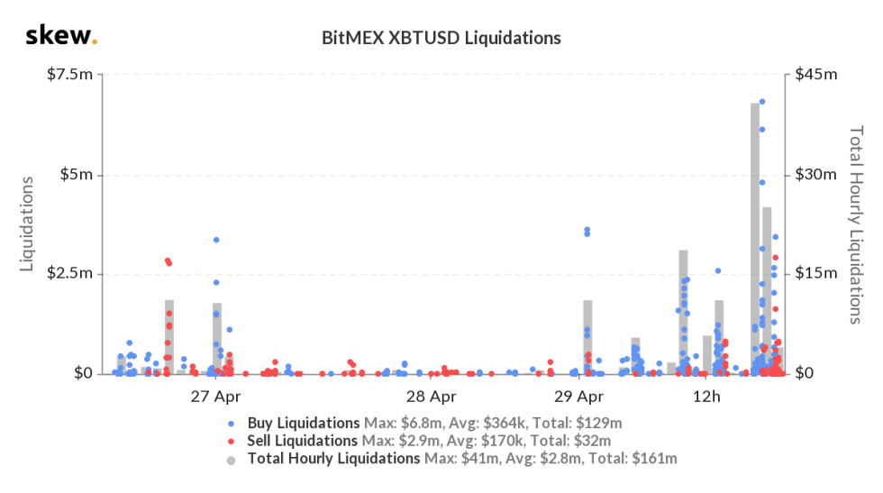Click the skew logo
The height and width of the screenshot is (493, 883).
[x=61, y=36]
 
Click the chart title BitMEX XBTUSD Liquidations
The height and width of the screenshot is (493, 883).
[x=441, y=38]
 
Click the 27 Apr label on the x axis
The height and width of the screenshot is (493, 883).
[x=215, y=397]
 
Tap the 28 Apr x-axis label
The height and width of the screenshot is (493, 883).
[x=430, y=397]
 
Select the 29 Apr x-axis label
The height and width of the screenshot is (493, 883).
[x=578, y=397]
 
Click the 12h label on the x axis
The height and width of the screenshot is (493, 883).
[x=707, y=397]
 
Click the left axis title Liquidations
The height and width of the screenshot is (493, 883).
[x=28, y=224]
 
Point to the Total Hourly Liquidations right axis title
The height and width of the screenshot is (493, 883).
[x=856, y=224]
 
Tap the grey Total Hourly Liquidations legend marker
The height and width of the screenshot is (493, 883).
[x=232, y=460]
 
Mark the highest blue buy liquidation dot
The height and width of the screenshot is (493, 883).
[x=761, y=102]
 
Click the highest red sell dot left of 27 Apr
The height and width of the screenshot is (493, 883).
[x=167, y=260]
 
